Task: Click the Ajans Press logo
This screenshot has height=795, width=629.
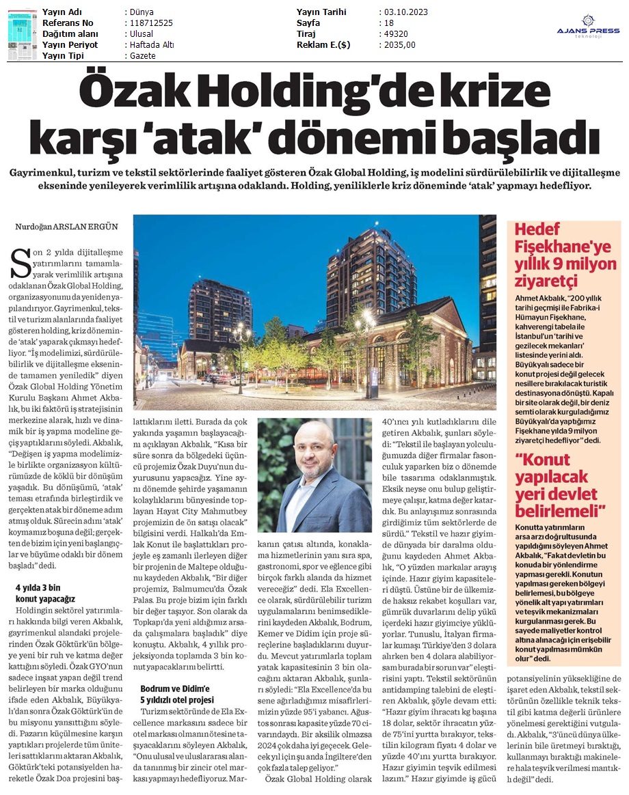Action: pos(589,28)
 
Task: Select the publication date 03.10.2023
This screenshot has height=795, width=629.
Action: pos(407,12)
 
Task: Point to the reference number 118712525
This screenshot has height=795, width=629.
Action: pos(150,23)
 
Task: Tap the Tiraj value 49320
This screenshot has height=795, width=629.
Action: pos(394,34)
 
